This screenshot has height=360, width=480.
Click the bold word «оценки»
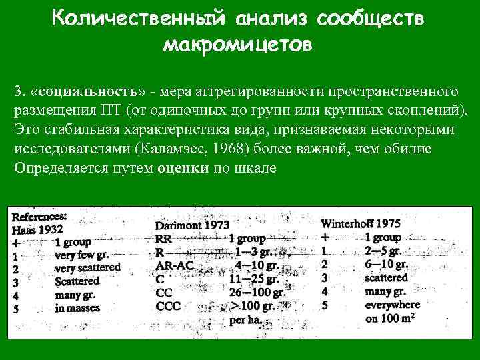click(183, 167)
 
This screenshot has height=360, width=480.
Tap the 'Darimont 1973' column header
click(193, 225)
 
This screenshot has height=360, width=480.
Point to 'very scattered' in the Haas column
click(87, 267)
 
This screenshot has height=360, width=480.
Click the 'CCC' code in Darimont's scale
click(168, 306)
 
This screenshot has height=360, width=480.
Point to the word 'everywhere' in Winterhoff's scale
click(393, 305)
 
